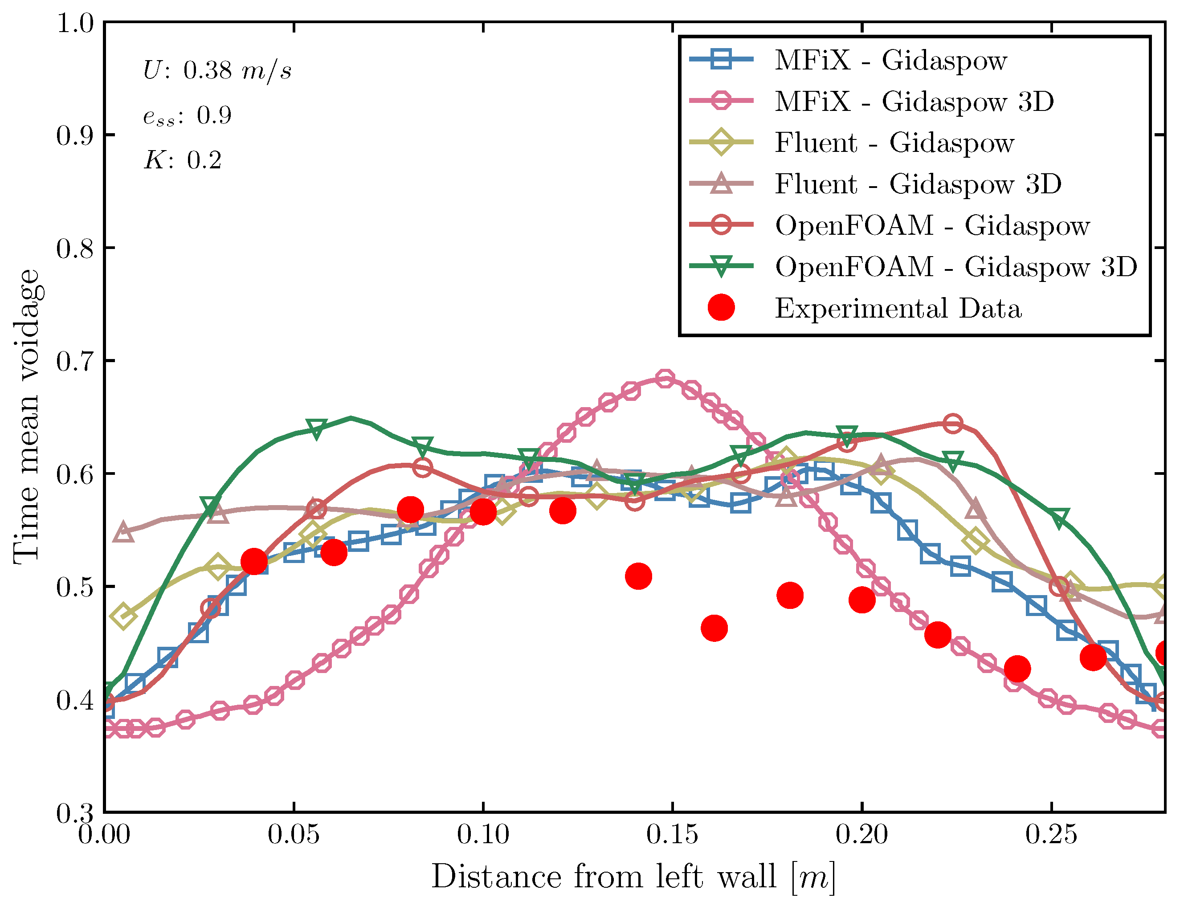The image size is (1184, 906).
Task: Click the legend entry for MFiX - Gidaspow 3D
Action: click(x=914, y=102)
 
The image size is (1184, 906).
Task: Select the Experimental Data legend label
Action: click(x=898, y=309)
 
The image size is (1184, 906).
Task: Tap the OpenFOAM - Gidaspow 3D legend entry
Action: click(x=956, y=267)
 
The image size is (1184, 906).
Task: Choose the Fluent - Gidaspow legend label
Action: click(x=894, y=143)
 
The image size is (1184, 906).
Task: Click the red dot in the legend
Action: click(x=721, y=308)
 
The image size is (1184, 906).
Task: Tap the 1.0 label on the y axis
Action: click(x=74, y=23)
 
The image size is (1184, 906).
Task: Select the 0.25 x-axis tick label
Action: click(x=1051, y=835)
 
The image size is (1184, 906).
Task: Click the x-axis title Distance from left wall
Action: click(x=633, y=877)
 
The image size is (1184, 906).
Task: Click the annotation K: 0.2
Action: click(x=183, y=160)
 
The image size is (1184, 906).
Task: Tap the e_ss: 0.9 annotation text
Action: click(x=187, y=115)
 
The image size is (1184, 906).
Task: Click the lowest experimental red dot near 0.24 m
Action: click(x=1017, y=669)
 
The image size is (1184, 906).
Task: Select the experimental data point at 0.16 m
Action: click(x=714, y=628)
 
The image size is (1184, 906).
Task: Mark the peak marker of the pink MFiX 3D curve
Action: click(x=665, y=379)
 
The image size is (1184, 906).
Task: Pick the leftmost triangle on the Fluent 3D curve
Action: click(x=123, y=532)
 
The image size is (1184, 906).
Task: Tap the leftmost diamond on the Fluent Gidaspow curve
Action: click(x=123, y=616)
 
